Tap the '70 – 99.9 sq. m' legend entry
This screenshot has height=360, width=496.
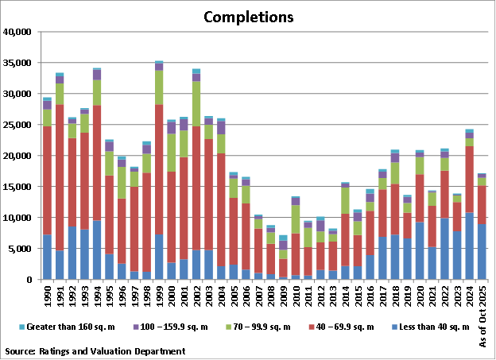257,327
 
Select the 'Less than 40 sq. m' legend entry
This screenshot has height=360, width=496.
436,327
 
